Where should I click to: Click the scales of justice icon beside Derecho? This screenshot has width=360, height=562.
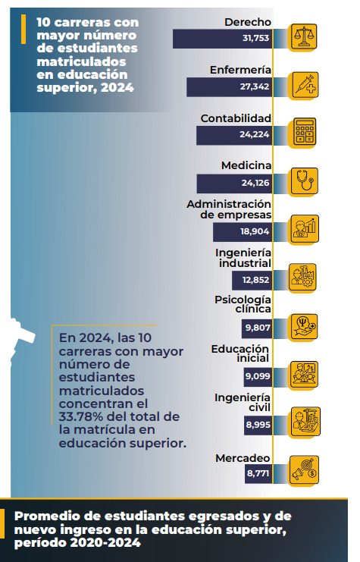click(x=304, y=36)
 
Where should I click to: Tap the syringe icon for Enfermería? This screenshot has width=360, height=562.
click(x=305, y=85)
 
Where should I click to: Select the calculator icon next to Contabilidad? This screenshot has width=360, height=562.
click(x=305, y=131)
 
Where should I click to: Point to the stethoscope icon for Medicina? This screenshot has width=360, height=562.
click(x=304, y=181)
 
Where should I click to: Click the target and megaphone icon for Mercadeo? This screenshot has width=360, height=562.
click(x=304, y=470)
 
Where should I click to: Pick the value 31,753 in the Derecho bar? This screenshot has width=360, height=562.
click(x=255, y=38)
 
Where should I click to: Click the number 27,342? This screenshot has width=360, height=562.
click(x=255, y=86)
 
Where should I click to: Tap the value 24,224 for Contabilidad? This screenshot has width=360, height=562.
click(x=255, y=134)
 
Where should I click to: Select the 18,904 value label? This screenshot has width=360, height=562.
click(x=255, y=231)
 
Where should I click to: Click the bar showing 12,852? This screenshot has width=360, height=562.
click(x=252, y=280)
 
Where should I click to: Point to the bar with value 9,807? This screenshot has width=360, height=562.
click(x=257, y=328)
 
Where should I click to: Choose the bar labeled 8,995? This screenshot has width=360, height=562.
click(x=258, y=425)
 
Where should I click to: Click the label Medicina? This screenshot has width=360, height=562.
click(x=246, y=165)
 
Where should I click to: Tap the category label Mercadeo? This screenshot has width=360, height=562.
click(x=243, y=458)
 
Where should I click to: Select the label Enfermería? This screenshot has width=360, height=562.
click(x=240, y=70)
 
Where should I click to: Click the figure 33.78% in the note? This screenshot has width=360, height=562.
click(x=81, y=416)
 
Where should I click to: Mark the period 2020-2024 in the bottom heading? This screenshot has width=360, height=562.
click(x=105, y=542)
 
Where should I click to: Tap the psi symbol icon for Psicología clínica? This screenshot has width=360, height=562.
click(x=304, y=327)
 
